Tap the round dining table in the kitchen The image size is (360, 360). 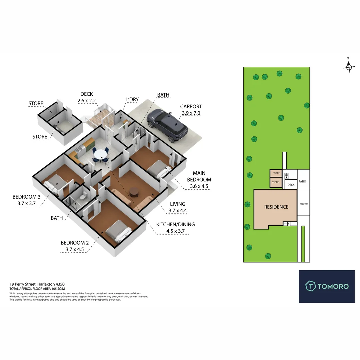coord(100,155)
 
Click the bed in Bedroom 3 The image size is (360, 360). coord(52,184)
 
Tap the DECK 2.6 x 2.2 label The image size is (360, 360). coord(87,97)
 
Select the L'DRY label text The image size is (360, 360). coord(132,99)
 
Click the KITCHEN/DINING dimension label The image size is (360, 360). coord(175,228)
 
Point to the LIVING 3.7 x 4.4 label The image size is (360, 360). coord(177,207)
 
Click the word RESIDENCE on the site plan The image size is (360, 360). coord(276,207)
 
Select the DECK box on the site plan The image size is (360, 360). coord(291,185)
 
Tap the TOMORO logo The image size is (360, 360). coord(327,286)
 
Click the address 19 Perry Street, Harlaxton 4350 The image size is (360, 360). coord(37,284)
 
